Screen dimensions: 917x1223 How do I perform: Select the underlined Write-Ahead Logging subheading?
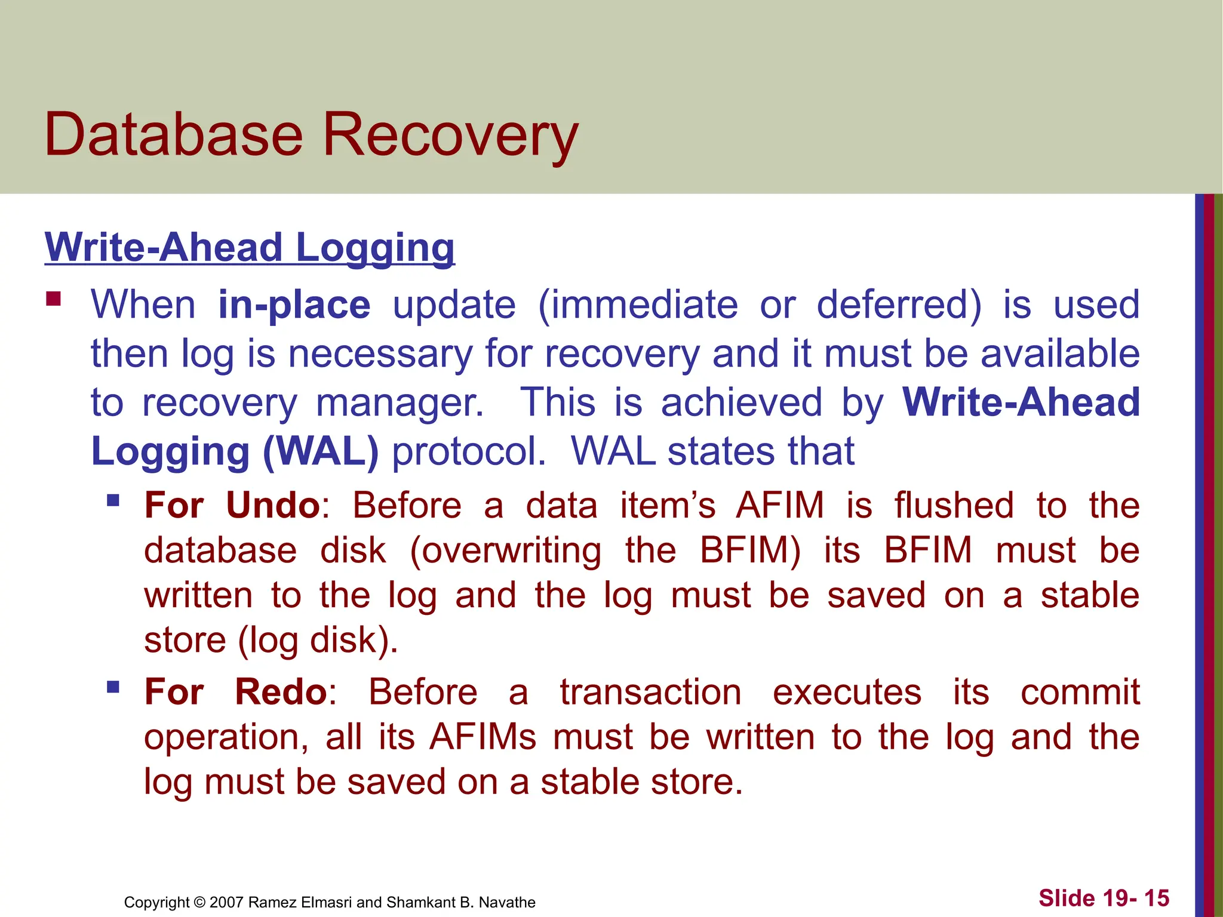point(250,247)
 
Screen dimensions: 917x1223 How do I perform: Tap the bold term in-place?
point(294,305)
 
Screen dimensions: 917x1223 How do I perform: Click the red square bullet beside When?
point(54,299)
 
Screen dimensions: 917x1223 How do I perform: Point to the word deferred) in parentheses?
point(898,305)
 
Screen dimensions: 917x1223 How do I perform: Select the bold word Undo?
point(274,506)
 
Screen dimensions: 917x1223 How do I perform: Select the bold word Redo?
point(281,692)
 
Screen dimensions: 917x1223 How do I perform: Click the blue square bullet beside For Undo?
point(113,500)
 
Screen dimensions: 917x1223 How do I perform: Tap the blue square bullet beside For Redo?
point(113,687)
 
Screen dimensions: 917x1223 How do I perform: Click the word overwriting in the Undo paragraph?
point(506,550)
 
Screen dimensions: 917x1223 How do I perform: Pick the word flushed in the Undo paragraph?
point(954,506)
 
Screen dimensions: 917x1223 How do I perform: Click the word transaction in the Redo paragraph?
point(650,692)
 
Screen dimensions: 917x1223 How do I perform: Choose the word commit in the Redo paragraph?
point(1080,692)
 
